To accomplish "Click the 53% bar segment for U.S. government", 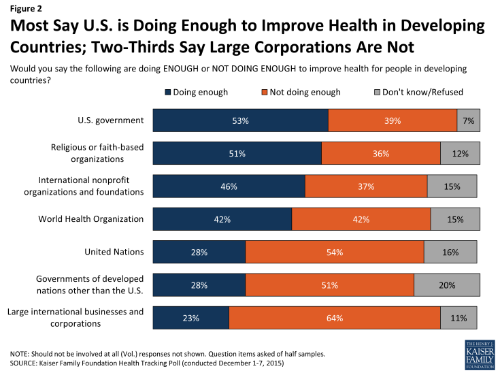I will [x=240, y=120].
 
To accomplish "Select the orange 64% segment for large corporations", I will [x=335, y=318].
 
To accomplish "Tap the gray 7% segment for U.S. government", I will [x=468, y=120].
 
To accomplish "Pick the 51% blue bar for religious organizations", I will [x=237, y=154].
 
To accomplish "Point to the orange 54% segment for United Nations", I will [x=335, y=252].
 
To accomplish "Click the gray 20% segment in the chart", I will [x=446, y=284].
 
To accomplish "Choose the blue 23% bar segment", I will [x=190, y=318].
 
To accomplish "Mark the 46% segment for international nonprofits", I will [x=229, y=186].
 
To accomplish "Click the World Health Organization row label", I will [x=100, y=219].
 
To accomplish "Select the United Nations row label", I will [x=114, y=252].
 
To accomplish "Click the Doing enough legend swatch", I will [x=167, y=92].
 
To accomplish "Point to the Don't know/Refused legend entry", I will [x=417, y=92].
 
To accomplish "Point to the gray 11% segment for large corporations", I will [x=459, y=318].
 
